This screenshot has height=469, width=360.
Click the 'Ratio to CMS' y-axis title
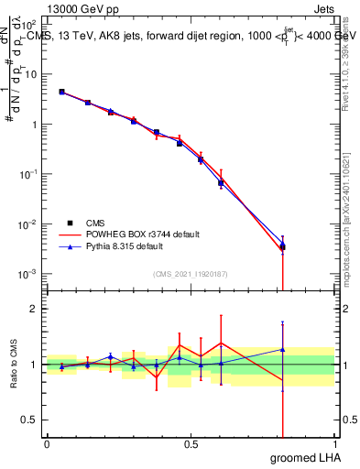pyautogui.click(x=15, y=365)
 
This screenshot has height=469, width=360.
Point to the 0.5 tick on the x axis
pyautogui.click(x=191, y=444)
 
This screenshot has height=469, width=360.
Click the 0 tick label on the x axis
pyautogui.click(x=47, y=444)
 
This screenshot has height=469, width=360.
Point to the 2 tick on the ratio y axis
pyautogui.click(x=33, y=309)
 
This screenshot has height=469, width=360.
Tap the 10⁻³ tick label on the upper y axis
pyautogui.click(x=29, y=274)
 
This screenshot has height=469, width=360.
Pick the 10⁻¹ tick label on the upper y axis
pyautogui.click(x=29, y=174)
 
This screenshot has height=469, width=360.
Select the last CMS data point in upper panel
pyautogui.click(x=283, y=246)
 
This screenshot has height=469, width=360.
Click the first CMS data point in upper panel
pyautogui.click(x=61, y=92)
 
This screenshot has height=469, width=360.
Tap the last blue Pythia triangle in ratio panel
pyautogui.click(x=283, y=349)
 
